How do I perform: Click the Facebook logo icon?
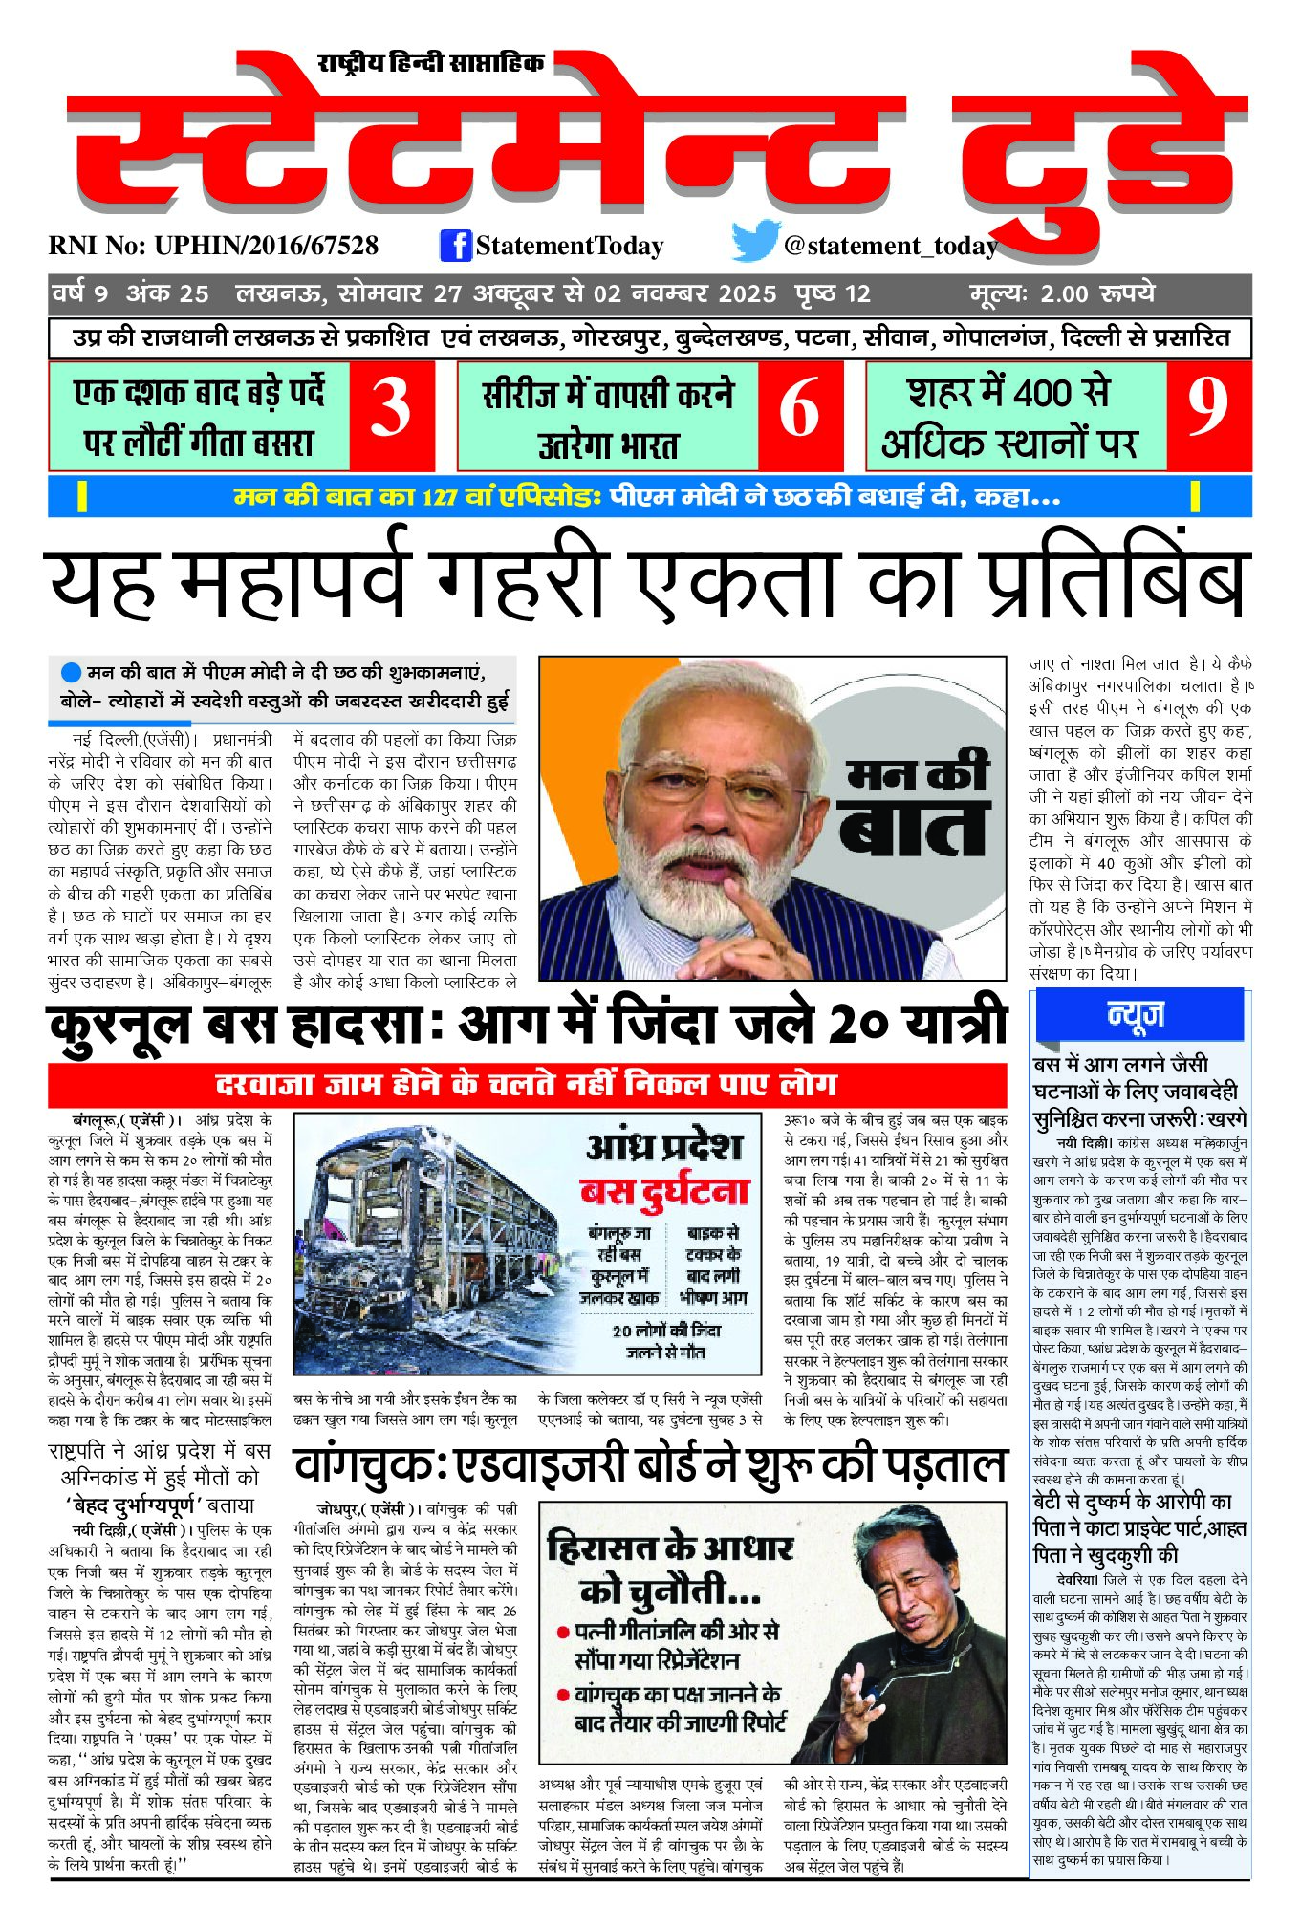click(x=456, y=245)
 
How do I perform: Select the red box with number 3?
click(x=391, y=416)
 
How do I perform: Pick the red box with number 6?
click(x=799, y=416)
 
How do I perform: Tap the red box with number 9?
click(x=1207, y=416)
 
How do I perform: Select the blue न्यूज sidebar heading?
click(x=1136, y=1014)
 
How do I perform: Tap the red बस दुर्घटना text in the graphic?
click(x=663, y=1192)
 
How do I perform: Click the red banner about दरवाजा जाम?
click(x=527, y=1084)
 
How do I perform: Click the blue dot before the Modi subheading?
click(x=70, y=672)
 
